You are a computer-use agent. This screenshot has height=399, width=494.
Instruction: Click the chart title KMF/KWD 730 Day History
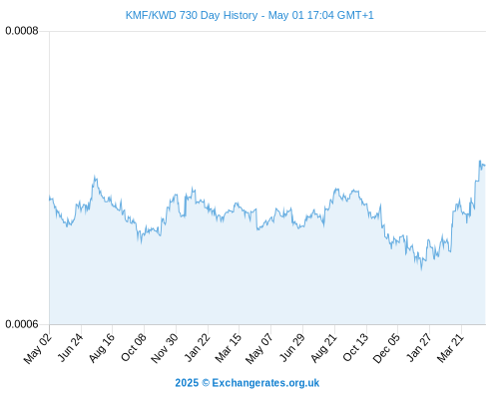[192, 15]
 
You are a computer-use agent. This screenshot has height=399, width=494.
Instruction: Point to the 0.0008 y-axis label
[22, 31]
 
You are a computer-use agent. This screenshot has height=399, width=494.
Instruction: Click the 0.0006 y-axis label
[22, 324]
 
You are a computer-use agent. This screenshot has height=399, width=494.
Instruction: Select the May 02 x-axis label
[38, 348]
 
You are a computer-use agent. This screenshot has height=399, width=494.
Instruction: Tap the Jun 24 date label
[70, 347]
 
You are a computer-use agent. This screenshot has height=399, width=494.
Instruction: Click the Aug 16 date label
[102, 347]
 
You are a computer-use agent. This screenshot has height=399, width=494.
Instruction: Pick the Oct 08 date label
[134, 347]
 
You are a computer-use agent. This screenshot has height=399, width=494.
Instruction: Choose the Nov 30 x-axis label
[165, 348]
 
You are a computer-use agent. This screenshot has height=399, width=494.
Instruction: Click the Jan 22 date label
[198, 347]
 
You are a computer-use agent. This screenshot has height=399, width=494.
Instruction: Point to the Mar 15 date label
[229, 347]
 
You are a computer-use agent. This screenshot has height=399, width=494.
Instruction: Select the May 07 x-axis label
[259, 348]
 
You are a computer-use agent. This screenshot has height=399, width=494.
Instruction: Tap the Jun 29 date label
[292, 347]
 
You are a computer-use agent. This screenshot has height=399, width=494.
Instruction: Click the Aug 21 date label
[324, 347]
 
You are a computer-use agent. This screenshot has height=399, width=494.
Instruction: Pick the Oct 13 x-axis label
[356, 347]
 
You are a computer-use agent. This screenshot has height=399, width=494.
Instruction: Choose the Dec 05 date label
[387, 348]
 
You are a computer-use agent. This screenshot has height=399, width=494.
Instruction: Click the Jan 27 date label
[419, 347]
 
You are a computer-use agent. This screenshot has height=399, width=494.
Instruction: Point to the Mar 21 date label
[450, 347]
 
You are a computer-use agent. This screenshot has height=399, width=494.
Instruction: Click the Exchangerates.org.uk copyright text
[247, 383]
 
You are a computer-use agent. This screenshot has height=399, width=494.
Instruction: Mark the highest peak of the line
[480, 161]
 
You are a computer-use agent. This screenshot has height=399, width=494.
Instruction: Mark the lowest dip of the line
[422, 269]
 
